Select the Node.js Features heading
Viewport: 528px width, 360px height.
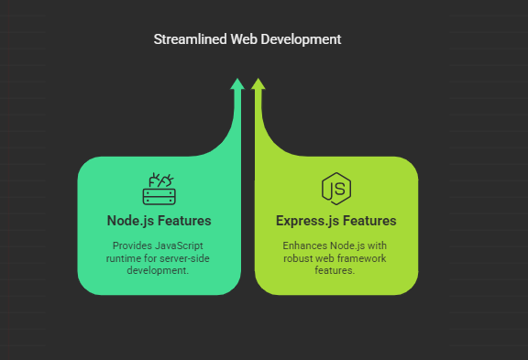159,221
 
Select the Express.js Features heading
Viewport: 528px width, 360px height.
336,221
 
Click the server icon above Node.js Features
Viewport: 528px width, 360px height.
159,189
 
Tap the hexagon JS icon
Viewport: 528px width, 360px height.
336,189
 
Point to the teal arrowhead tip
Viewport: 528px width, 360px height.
237,82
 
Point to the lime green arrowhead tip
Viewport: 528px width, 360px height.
258,82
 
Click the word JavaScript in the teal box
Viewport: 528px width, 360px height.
177,246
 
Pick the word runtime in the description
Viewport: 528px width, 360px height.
126,259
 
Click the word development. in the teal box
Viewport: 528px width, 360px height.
159,271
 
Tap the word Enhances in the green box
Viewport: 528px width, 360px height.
303,246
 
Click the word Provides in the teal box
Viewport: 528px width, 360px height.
131,246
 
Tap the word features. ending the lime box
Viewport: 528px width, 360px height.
336,271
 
